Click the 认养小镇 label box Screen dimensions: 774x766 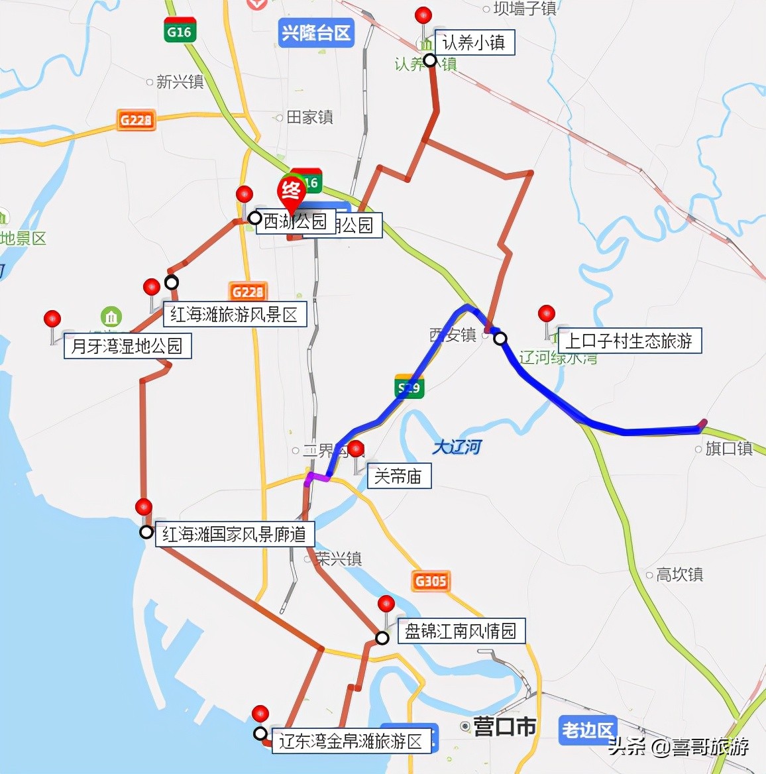474,43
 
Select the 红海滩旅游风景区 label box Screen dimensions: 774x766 235,314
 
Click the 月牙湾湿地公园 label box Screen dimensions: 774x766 127,346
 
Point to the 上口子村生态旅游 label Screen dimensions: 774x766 629,341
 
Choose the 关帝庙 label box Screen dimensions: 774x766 398,476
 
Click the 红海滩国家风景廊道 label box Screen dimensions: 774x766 235,534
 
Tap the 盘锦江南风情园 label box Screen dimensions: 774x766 461,631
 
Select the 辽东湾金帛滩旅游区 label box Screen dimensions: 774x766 351,740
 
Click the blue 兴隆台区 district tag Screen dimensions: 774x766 316,32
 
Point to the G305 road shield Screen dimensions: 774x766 431,581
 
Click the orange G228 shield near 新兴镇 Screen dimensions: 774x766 136,120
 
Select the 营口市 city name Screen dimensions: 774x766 504,727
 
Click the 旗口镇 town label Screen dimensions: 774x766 728,449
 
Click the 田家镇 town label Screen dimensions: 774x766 309,117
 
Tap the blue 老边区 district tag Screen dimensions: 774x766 587,730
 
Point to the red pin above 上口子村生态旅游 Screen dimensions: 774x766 547,313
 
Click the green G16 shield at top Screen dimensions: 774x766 179,31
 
